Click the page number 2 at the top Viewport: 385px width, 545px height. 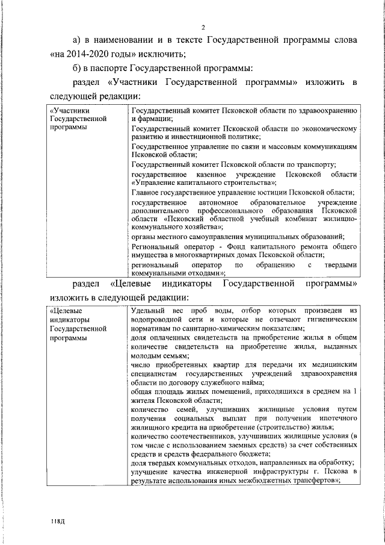(x=203, y=27)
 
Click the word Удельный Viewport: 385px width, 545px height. (x=147, y=311)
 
